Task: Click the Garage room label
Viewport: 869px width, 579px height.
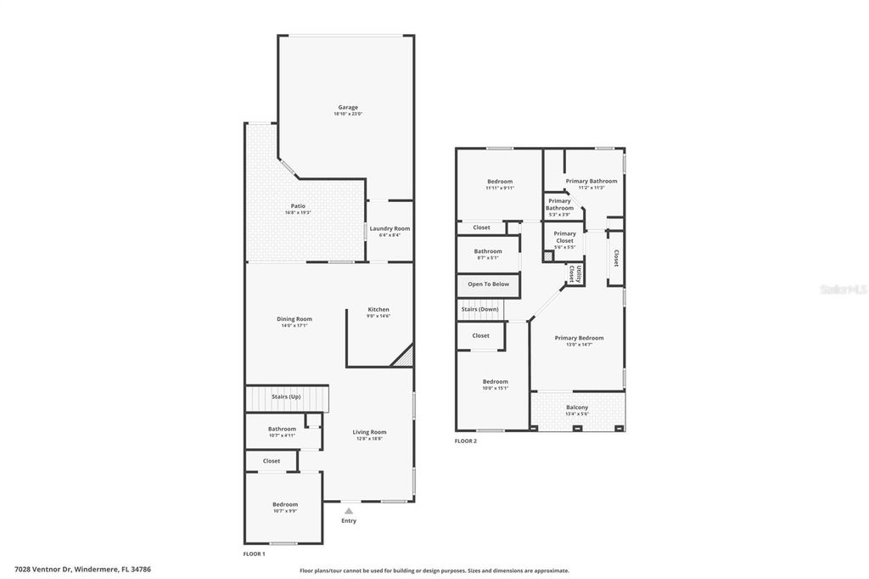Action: coord(347,108)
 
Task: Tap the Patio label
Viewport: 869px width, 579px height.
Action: coord(298,206)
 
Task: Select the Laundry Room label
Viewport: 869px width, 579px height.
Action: coord(390,228)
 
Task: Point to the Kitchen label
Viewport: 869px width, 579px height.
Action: coord(378,309)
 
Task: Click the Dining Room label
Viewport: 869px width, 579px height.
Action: coord(294,319)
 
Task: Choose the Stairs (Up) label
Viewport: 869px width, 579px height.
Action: coord(286,396)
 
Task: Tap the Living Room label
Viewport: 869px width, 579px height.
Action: coord(369,432)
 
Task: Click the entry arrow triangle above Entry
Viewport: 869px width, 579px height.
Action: coord(348,510)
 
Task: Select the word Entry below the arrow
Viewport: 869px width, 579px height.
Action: coord(349,520)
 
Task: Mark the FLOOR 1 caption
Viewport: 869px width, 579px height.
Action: coord(254,554)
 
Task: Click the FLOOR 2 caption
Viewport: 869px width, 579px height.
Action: coord(466,441)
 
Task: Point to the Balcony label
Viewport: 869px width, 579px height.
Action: coord(577,408)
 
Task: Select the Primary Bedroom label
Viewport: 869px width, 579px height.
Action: coord(579,338)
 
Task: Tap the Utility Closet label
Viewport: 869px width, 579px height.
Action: coord(575,273)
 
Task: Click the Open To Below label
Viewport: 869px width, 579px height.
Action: coord(489,284)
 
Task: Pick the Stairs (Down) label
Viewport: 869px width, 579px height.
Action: coord(480,310)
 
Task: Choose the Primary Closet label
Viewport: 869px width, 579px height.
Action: coord(564,237)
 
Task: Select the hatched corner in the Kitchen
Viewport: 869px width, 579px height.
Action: coord(403,357)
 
